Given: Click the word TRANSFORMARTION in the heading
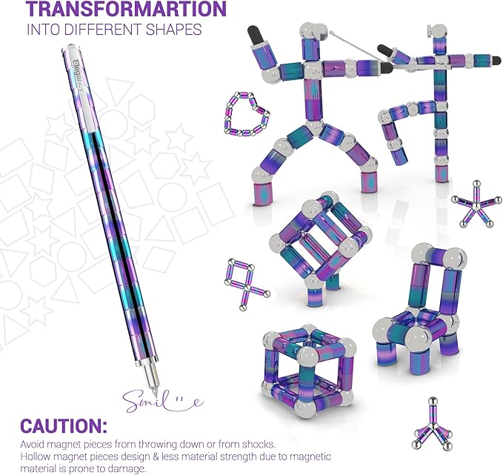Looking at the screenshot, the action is pos(126,9).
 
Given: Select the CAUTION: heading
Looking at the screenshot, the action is pos(64,426).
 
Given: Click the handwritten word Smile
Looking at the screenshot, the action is pos(163,401).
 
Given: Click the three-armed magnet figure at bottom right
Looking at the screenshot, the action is pos(433,425).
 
